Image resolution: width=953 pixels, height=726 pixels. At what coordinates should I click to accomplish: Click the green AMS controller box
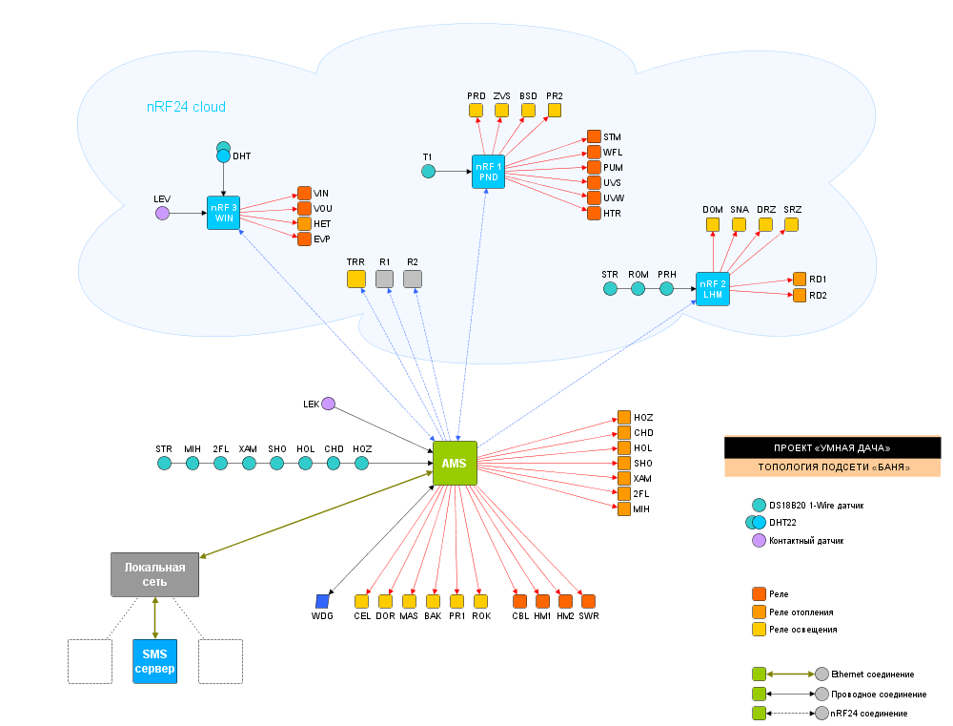pyautogui.click(x=455, y=463)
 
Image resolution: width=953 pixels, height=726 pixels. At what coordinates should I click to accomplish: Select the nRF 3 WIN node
pyautogui.click(x=223, y=213)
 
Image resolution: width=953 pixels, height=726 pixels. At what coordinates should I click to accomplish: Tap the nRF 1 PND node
pyautogui.click(x=488, y=171)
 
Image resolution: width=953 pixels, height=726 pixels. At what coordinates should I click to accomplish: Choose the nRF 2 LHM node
pyautogui.click(x=713, y=288)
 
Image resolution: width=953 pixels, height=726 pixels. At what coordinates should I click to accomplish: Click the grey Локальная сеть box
pyautogui.click(x=155, y=574)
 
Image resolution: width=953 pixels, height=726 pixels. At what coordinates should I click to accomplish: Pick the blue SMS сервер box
pyautogui.click(x=154, y=661)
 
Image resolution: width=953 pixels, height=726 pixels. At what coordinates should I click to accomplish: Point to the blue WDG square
pyautogui.click(x=322, y=601)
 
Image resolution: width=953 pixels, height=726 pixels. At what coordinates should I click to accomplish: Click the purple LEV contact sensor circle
pyautogui.click(x=162, y=213)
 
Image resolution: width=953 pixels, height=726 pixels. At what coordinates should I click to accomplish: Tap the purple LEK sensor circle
pyautogui.click(x=329, y=404)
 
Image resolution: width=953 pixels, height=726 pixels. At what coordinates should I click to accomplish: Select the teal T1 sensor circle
pyautogui.click(x=428, y=171)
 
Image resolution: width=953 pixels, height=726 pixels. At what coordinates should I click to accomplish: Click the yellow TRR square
pyautogui.click(x=356, y=279)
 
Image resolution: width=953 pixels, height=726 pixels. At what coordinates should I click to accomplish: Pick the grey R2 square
pyautogui.click(x=412, y=279)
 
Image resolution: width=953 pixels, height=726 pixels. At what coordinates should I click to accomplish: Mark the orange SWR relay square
pyautogui.click(x=588, y=601)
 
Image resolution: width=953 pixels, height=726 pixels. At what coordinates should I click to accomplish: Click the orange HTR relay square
pyautogui.click(x=594, y=213)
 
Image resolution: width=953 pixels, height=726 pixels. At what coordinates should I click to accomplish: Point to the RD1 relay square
pyautogui.click(x=800, y=279)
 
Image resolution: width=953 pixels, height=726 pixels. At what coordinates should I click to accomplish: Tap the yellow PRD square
pyautogui.click(x=476, y=111)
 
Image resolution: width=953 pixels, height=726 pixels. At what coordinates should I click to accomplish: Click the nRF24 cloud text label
pyautogui.click(x=186, y=107)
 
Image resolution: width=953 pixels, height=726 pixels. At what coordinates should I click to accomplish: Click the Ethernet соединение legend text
pyautogui.click(x=872, y=674)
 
